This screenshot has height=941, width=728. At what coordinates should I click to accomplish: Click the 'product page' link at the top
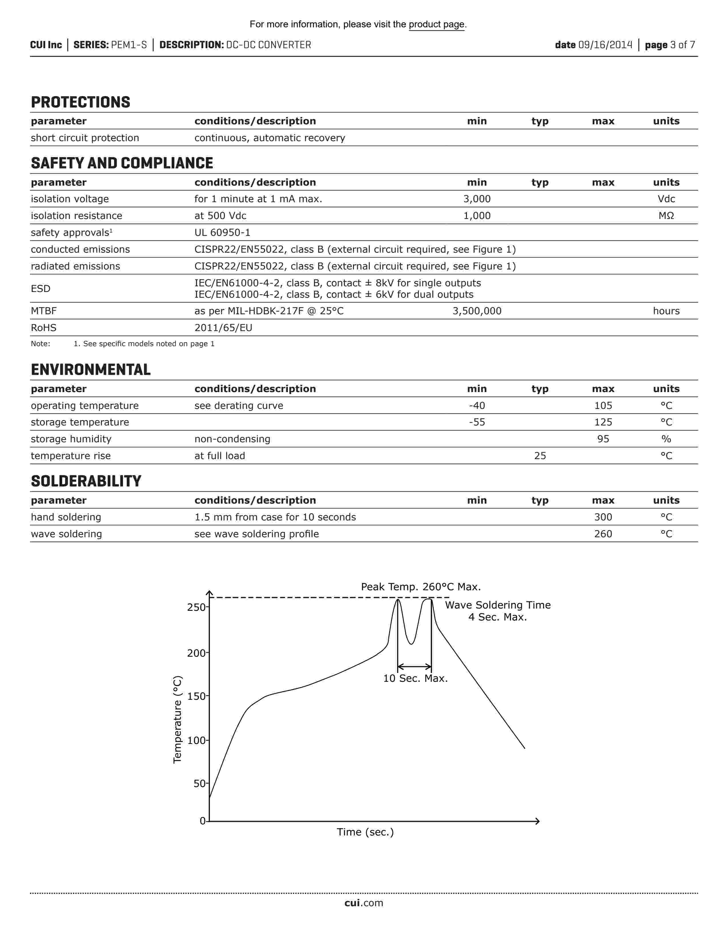click(437, 25)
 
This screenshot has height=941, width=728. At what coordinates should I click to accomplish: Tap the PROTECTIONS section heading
click(81, 103)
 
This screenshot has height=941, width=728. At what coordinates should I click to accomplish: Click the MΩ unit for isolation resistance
click(666, 216)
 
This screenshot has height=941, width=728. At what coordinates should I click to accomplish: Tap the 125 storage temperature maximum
click(603, 422)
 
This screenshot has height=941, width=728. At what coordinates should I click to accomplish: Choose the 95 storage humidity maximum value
click(603, 439)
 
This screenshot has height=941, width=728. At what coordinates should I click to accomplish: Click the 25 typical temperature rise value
click(540, 456)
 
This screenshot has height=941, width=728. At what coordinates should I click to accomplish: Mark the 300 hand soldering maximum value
click(603, 517)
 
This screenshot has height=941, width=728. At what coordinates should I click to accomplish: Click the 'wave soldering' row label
click(67, 534)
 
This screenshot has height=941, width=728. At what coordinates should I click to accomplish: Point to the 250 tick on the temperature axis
click(196, 607)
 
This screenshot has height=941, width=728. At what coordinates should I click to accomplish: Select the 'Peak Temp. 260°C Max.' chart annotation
click(421, 587)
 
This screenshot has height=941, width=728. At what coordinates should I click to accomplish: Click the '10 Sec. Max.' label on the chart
click(415, 679)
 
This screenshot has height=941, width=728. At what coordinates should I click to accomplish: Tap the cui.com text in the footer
click(363, 903)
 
